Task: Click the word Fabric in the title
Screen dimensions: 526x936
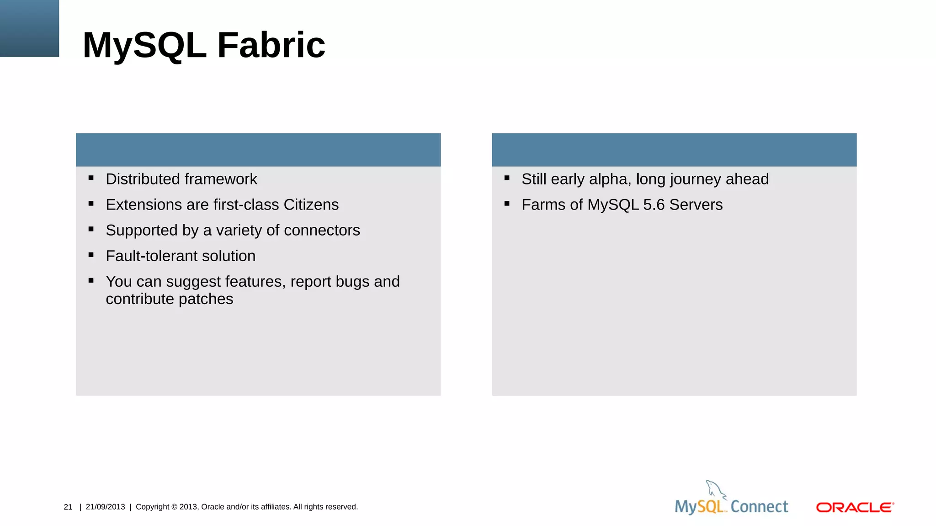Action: coord(271,45)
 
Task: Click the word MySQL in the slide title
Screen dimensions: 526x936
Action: coord(144,45)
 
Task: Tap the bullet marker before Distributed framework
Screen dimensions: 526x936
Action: coord(91,178)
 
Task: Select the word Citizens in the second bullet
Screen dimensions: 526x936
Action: coord(311,205)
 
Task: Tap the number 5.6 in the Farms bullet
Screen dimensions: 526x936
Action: coord(654,205)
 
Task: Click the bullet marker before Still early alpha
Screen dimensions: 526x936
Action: coord(507,178)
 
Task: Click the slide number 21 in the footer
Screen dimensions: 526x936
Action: coord(68,507)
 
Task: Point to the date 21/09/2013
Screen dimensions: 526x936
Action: coord(105,507)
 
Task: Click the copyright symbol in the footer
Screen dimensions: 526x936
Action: coord(174,507)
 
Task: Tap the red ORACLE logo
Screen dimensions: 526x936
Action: coord(855,507)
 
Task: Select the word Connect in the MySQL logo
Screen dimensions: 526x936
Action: coord(759,506)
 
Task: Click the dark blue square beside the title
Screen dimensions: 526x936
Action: coord(29,28)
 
